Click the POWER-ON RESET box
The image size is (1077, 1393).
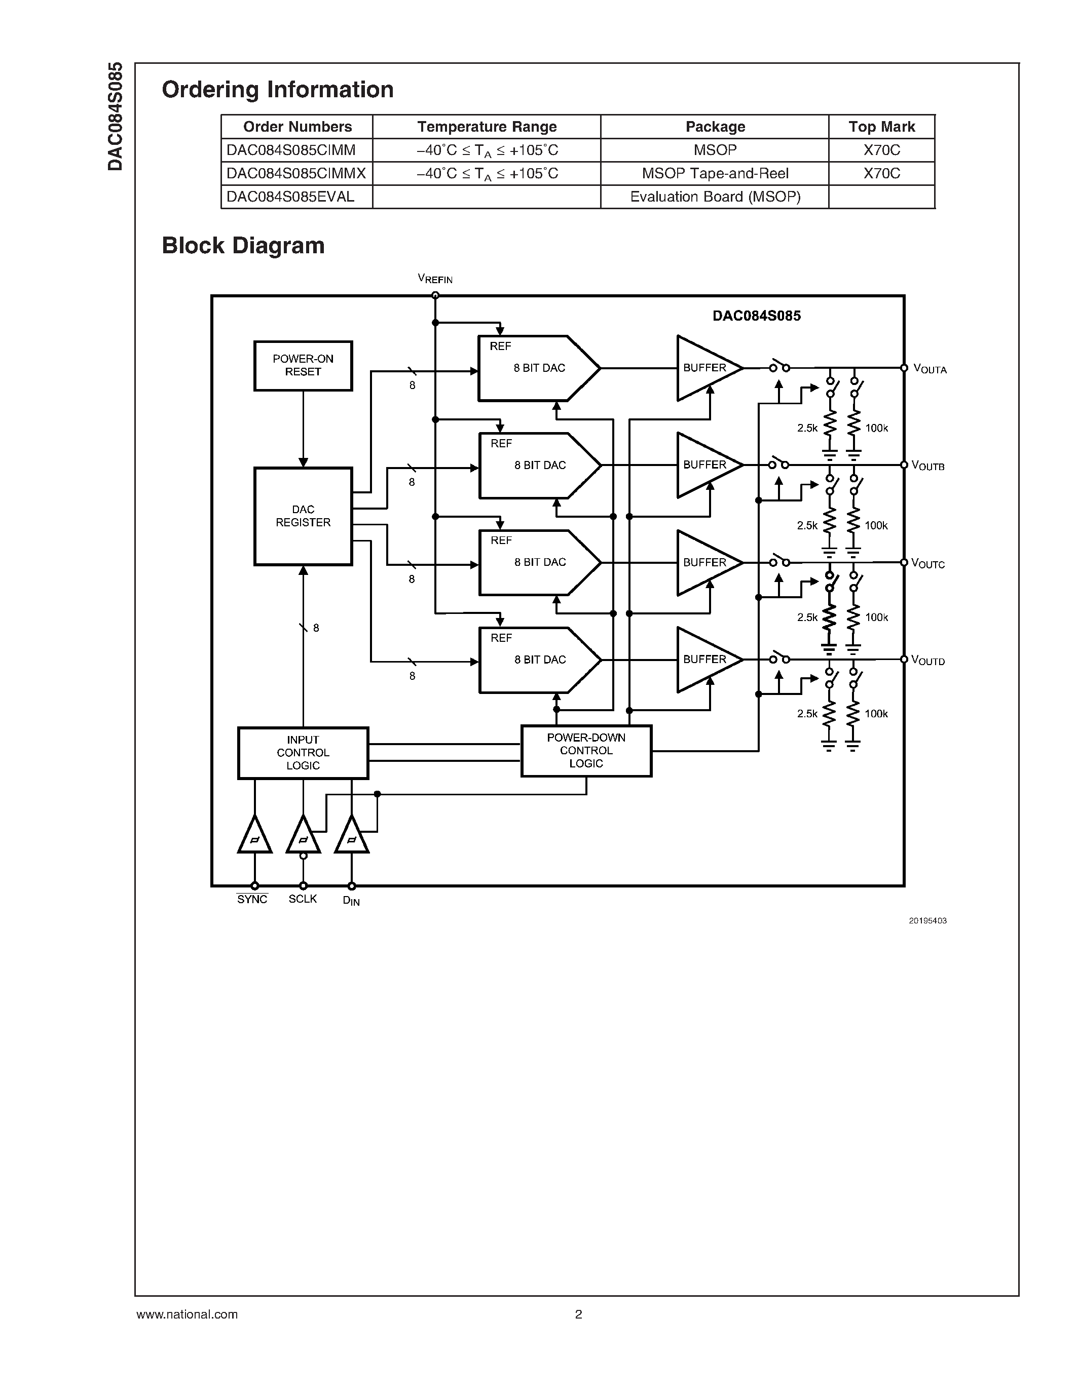coord(303,365)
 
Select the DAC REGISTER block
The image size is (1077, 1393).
coord(303,516)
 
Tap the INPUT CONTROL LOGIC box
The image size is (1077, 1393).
coord(303,753)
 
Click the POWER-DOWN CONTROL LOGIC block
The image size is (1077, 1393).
coord(586,751)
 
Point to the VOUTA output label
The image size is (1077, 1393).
coord(930,369)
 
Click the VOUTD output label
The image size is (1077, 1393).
coord(927,660)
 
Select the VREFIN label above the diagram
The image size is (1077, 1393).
coord(435,279)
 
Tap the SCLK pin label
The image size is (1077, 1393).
coord(303,899)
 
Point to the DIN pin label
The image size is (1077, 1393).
coord(351,901)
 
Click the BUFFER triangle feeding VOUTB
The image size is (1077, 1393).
coord(705,465)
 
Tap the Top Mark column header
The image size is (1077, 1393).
coord(881,127)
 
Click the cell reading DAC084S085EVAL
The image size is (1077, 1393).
coord(290,197)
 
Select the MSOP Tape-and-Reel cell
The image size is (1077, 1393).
coord(715,173)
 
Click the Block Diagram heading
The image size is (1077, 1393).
coord(243,246)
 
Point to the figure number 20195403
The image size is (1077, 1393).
coord(927,921)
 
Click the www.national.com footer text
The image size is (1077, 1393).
coord(187,1314)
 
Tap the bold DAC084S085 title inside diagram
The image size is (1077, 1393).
coord(756,316)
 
